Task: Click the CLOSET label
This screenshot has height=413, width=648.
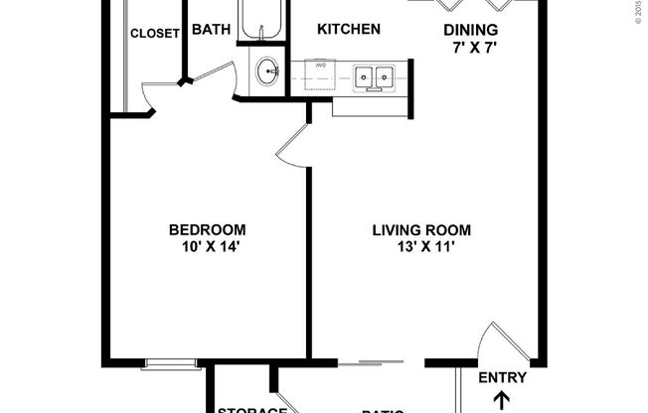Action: tap(155, 33)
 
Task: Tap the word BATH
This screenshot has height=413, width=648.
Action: tap(211, 30)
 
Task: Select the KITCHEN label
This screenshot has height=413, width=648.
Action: tap(348, 29)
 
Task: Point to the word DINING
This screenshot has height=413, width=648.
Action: tap(470, 30)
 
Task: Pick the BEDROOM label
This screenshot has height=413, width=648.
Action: tap(207, 230)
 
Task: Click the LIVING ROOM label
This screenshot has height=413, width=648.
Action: tap(421, 230)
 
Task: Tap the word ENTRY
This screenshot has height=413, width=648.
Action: tap(502, 377)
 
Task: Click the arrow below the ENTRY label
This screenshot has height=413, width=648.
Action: tap(502, 400)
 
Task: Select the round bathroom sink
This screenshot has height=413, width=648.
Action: tap(266, 71)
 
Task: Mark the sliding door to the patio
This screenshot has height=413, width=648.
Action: tap(379, 359)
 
